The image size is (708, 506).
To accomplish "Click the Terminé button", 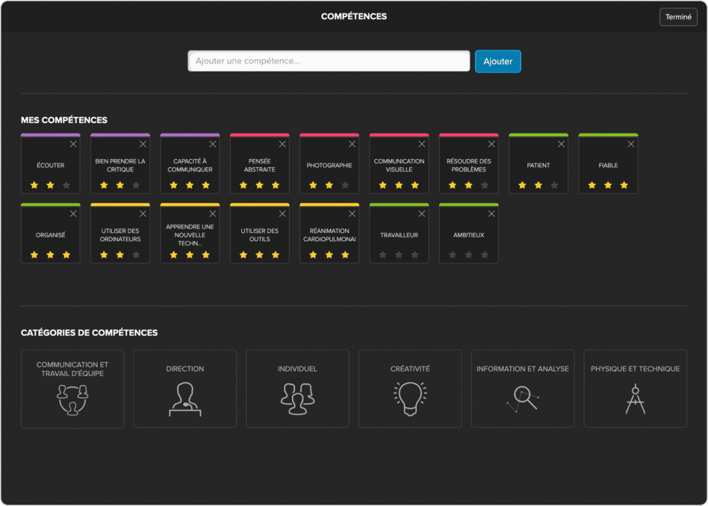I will (x=678, y=17).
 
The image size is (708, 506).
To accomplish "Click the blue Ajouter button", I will (x=498, y=62).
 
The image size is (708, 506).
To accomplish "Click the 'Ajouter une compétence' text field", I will (x=328, y=62).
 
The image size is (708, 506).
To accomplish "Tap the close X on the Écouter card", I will (x=73, y=144).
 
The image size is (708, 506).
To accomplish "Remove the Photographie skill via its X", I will (x=351, y=144).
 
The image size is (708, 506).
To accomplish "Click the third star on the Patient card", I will (x=555, y=185).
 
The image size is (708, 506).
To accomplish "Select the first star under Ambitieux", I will (x=453, y=255).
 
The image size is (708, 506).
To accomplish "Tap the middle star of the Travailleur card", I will (x=399, y=255).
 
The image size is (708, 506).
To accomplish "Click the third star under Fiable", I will (x=624, y=185).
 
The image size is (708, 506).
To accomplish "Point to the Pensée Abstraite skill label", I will (x=259, y=165).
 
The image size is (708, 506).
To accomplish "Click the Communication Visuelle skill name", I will (x=399, y=165).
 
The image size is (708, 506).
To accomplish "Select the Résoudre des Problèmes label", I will (x=469, y=165).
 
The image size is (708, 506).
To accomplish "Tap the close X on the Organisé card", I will (x=73, y=214).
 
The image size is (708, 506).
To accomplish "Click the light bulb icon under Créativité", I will (x=410, y=399).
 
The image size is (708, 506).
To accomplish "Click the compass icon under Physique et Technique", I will (x=635, y=399).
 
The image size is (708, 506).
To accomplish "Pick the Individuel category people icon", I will (x=297, y=399).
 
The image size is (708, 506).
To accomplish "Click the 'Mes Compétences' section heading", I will (x=64, y=120).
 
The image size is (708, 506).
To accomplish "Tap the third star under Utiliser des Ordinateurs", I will (x=136, y=255).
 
